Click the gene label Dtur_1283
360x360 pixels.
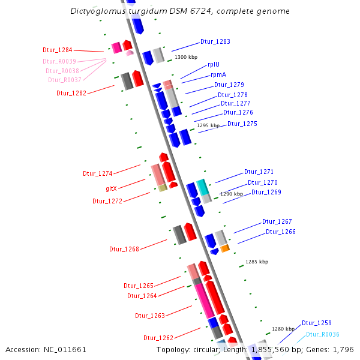(215, 41)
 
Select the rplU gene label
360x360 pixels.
(214, 64)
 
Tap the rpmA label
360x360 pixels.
(218, 74)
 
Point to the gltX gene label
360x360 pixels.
(112, 188)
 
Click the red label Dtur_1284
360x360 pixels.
(58, 50)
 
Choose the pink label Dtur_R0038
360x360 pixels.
(62, 71)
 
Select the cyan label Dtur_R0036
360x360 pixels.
(323, 334)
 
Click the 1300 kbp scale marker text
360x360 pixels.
(186, 57)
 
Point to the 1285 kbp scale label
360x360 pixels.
(257, 262)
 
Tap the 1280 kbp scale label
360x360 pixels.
(283, 329)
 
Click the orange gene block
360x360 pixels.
(225, 248)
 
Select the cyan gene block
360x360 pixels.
(203, 187)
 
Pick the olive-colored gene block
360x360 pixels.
(163, 188)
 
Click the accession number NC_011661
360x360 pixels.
(65, 350)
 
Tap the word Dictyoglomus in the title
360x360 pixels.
(98, 11)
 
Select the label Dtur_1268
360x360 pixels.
(124, 249)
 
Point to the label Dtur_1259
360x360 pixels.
(317, 323)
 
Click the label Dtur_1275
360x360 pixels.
(242, 124)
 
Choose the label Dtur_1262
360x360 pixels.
(158, 338)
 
